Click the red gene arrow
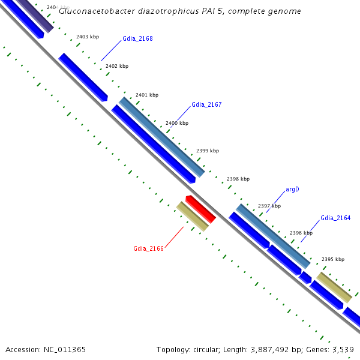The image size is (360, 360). tap(201, 209)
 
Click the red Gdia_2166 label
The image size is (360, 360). tap(148, 248)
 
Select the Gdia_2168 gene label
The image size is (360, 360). tap(137, 39)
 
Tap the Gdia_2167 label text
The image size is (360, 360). tap(206, 104)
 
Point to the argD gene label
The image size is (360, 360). tap(292, 190)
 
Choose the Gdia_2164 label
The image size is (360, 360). tap(335, 218)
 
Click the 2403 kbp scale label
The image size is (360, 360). tap(88, 37)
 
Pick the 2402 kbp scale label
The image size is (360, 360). tap(116, 67)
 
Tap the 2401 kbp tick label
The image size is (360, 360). tap(147, 95)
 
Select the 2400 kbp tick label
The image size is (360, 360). tap(177, 123)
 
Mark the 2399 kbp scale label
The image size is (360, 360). tap(208, 151)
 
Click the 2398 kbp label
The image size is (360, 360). tap(238, 179)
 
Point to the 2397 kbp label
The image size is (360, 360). tap(269, 206)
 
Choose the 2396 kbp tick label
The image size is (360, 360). tap(301, 233)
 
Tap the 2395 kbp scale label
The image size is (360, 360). tap(333, 260)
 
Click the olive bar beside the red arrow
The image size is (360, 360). tap(192, 217)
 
